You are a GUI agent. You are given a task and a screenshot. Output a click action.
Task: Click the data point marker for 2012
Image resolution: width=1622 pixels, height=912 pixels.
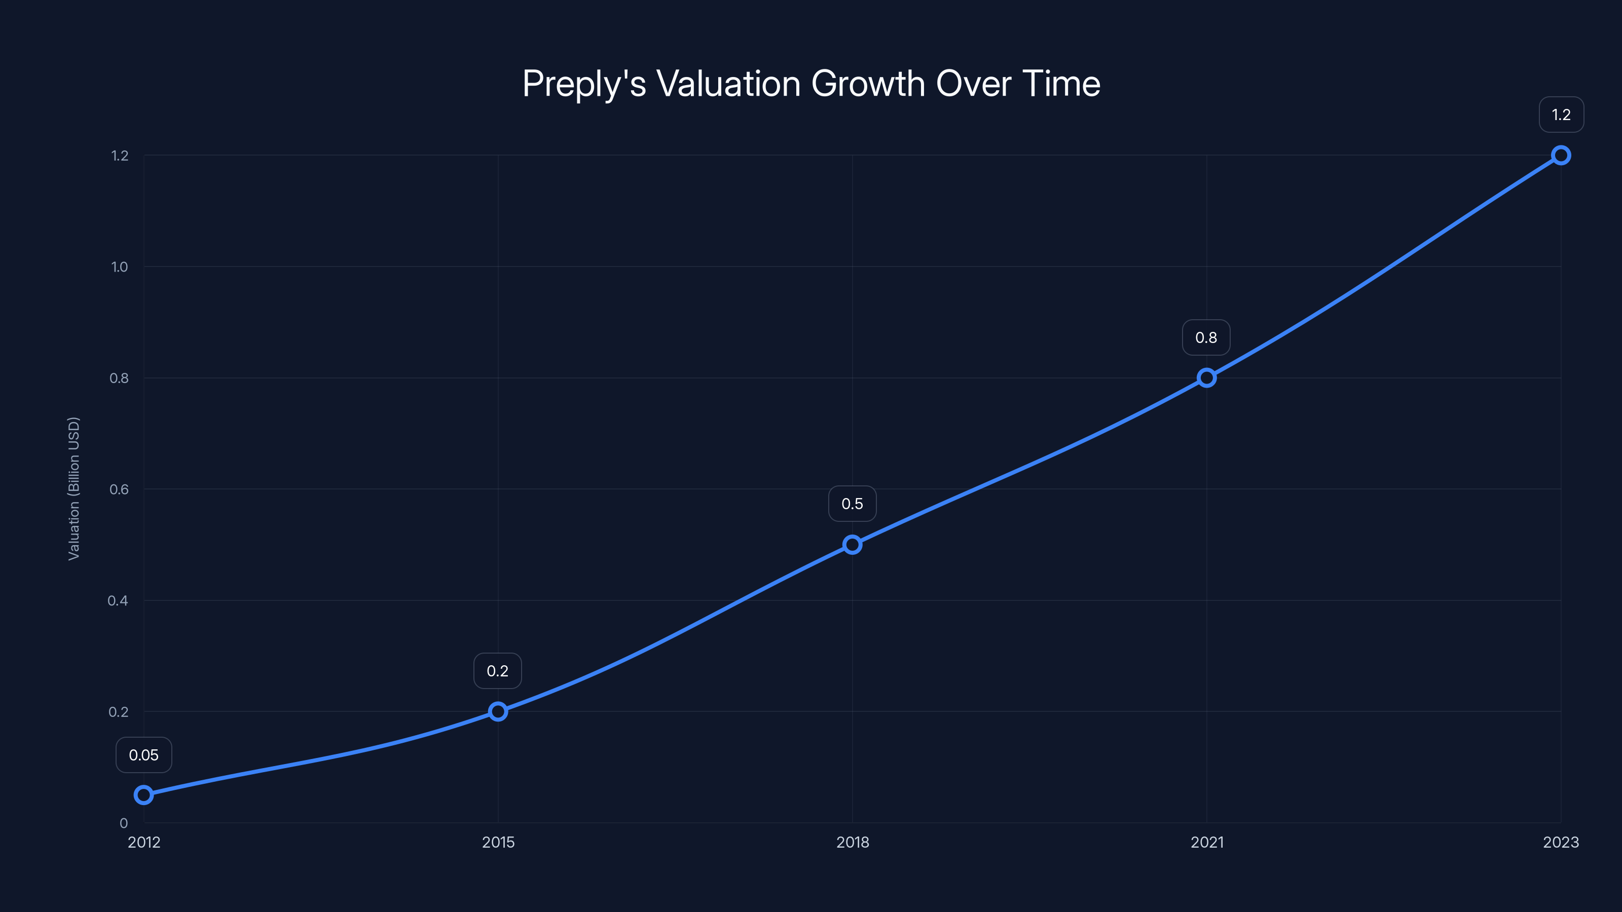click(143, 795)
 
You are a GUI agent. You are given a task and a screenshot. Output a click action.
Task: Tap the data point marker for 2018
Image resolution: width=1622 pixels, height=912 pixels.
click(852, 545)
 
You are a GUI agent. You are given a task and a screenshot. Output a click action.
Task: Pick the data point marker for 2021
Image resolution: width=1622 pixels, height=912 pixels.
click(1206, 377)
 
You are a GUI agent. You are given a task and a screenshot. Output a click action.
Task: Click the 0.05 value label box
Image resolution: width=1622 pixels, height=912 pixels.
click(143, 754)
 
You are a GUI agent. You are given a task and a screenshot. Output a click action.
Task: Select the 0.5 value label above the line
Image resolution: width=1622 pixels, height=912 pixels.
click(852, 504)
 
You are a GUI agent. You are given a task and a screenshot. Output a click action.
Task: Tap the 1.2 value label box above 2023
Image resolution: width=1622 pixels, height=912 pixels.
click(1561, 115)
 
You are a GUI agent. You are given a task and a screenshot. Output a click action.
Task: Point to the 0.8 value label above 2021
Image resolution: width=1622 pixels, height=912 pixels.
click(1206, 337)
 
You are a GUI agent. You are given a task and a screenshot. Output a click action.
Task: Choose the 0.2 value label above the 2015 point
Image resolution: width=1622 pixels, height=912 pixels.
click(497, 671)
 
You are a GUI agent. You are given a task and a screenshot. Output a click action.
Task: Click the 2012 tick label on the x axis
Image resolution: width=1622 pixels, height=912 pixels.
click(143, 842)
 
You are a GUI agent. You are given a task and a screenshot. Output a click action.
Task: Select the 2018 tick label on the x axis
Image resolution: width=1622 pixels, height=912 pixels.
click(852, 842)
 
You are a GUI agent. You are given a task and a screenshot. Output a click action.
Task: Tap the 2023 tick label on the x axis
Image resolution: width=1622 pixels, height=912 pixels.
click(1560, 842)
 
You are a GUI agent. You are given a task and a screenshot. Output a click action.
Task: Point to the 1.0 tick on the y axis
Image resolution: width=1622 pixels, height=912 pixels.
click(119, 267)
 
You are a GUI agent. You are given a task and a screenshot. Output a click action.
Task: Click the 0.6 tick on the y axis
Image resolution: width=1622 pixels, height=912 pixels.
click(119, 489)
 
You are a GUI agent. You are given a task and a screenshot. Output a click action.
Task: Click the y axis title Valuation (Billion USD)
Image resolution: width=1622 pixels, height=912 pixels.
click(73, 488)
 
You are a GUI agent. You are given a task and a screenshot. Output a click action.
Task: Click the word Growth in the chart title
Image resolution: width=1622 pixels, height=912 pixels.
click(868, 84)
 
